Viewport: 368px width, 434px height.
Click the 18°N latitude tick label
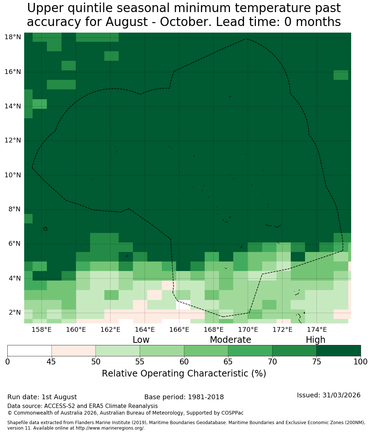[x=13, y=37]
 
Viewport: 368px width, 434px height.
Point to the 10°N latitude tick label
[x=13, y=175]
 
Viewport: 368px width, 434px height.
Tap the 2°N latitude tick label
[x=15, y=312]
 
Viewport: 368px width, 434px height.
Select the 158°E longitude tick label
[x=41, y=330]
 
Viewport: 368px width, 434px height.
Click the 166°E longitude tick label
[x=179, y=330]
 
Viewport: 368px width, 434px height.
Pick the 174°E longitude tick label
[x=317, y=330]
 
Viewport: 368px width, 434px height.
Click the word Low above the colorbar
[x=141, y=340]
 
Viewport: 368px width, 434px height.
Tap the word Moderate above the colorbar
[x=230, y=340]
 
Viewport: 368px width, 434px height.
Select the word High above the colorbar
[x=315, y=340]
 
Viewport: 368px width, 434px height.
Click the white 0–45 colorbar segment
[x=30, y=351]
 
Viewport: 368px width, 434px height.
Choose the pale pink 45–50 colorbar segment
[x=74, y=351]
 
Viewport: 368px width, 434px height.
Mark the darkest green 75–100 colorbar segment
[x=338, y=351]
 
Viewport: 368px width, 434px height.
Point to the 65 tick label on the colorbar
[x=228, y=362]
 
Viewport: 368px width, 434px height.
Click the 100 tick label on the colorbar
[x=361, y=362]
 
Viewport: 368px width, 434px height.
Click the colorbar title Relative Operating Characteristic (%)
[x=184, y=373]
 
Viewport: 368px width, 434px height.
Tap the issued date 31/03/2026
[x=341, y=395]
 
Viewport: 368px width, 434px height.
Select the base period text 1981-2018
[x=206, y=397]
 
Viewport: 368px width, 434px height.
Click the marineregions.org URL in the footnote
[x=109, y=428]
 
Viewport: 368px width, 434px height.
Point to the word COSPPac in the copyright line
[x=233, y=413]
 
